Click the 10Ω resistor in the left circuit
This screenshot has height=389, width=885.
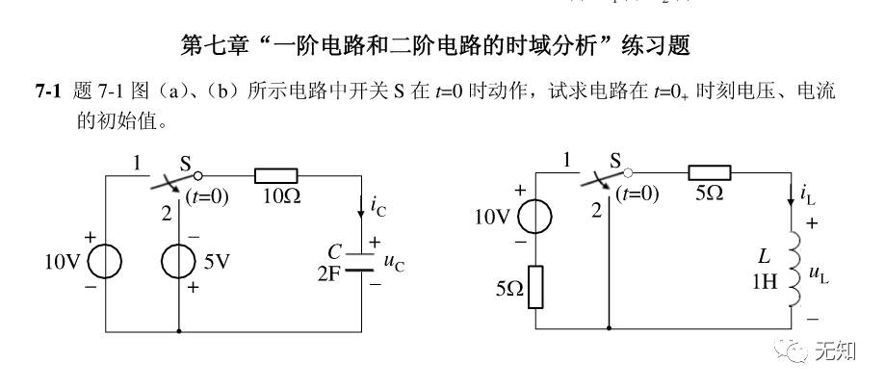pos(274,176)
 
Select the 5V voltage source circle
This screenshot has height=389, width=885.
pos(180,261)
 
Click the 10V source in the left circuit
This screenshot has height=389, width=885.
pos(103,261)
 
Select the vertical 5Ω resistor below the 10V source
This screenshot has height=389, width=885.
pos(535,286)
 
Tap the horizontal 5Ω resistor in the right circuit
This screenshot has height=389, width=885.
pos(709,173)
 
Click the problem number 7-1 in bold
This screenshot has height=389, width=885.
pos(48,91)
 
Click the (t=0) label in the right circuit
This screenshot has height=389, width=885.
pos(638,194)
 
